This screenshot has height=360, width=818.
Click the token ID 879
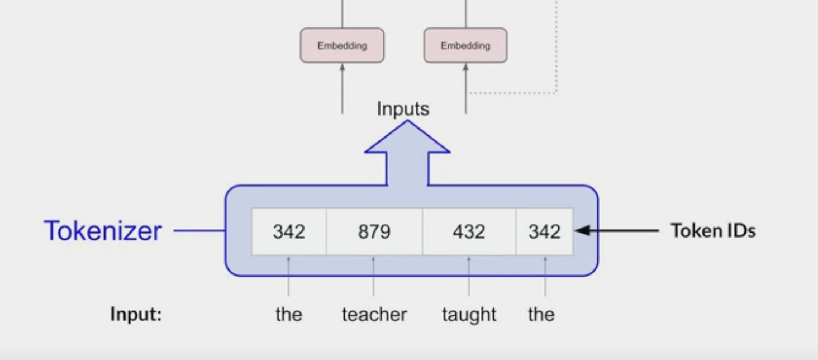374,231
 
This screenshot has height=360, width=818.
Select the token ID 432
468,231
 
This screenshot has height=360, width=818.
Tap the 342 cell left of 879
289,231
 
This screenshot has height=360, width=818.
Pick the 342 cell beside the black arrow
544,231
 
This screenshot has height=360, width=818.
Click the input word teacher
374,315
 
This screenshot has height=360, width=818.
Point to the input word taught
469,315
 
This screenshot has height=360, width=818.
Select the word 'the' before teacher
289,315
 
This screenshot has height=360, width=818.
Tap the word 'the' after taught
541,315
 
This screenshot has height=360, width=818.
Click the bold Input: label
136,315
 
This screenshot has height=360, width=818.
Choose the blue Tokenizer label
103,231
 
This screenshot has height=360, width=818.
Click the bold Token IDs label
713,231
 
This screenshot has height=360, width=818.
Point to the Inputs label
403,108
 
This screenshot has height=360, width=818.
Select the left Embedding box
342,45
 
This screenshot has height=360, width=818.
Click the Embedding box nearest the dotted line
465,45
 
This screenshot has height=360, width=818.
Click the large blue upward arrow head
407,140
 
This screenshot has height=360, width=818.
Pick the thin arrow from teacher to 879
374,277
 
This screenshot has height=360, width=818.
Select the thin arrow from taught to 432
469,277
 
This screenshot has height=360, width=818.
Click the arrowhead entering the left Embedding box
343,67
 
